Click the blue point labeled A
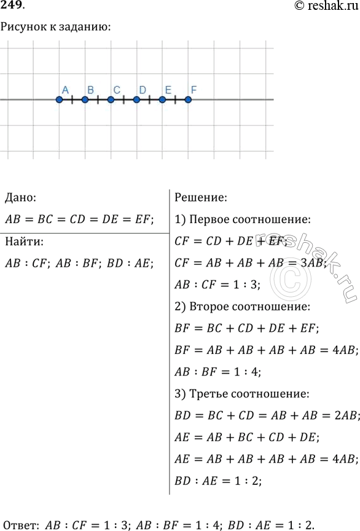[60, 100]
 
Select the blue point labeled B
[85, 100]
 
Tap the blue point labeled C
[111, 100]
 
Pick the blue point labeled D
[137, 100]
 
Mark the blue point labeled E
[163, 100]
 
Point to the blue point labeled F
[189, 100]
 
